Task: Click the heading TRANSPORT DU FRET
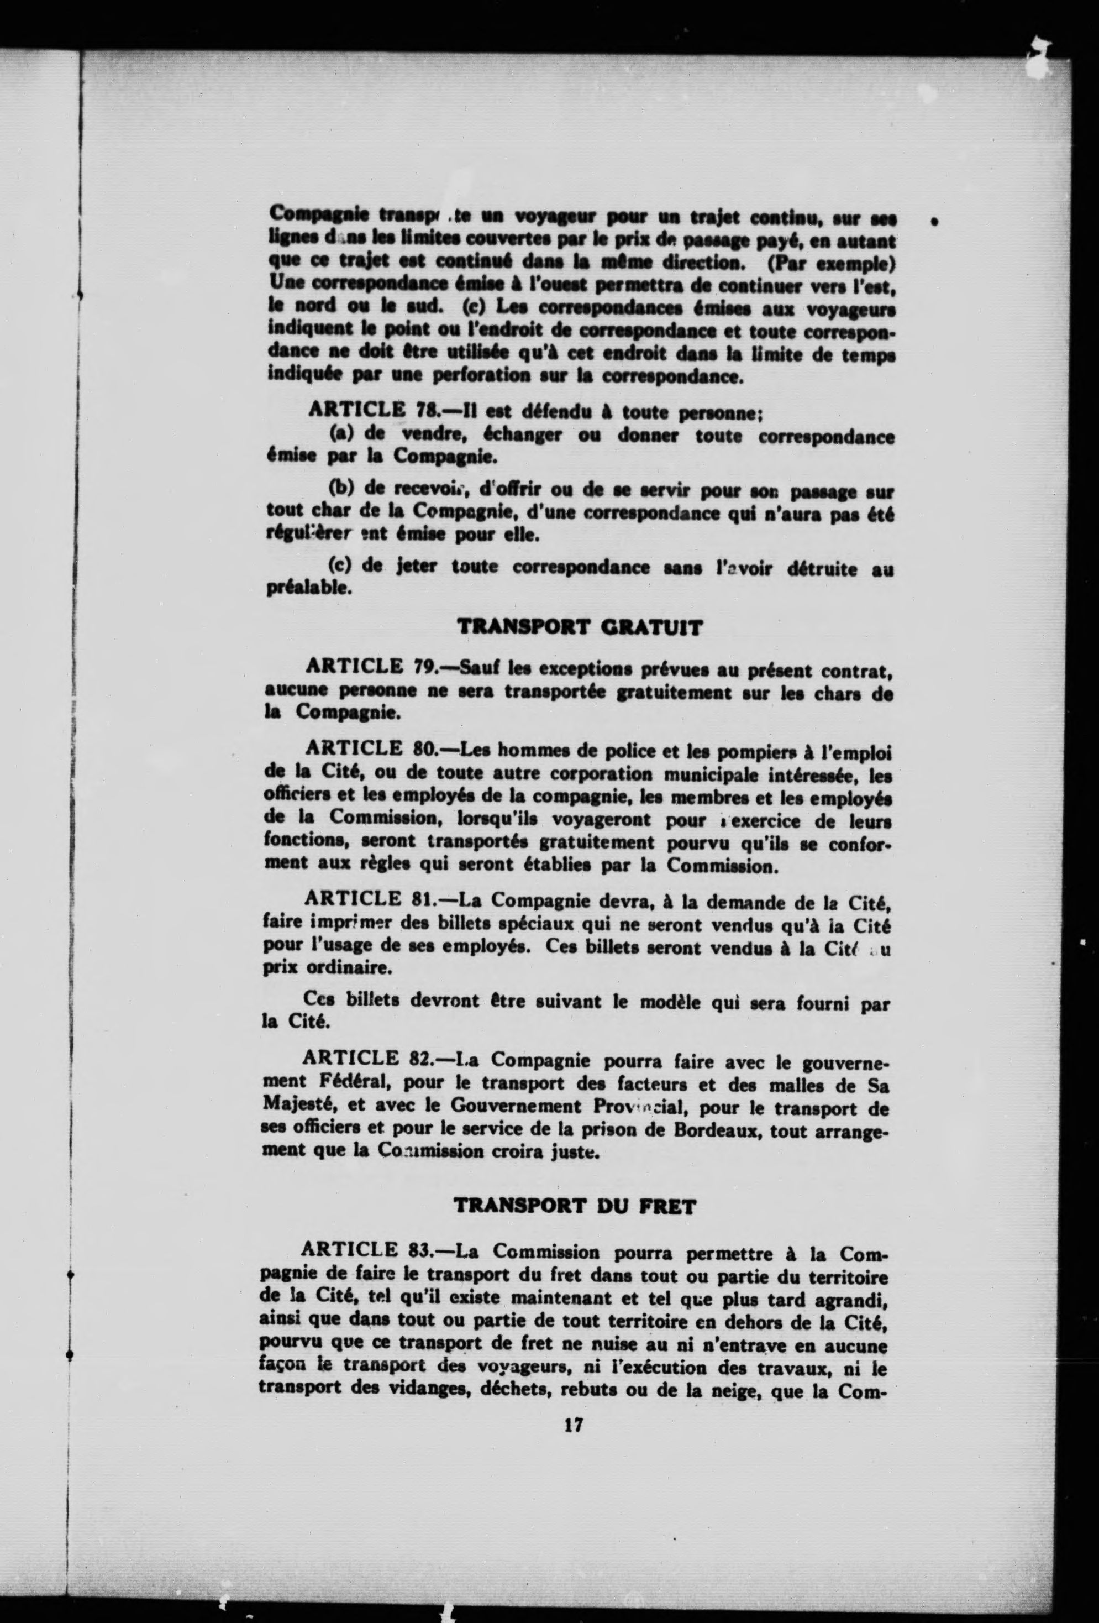tap(575, 1207)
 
